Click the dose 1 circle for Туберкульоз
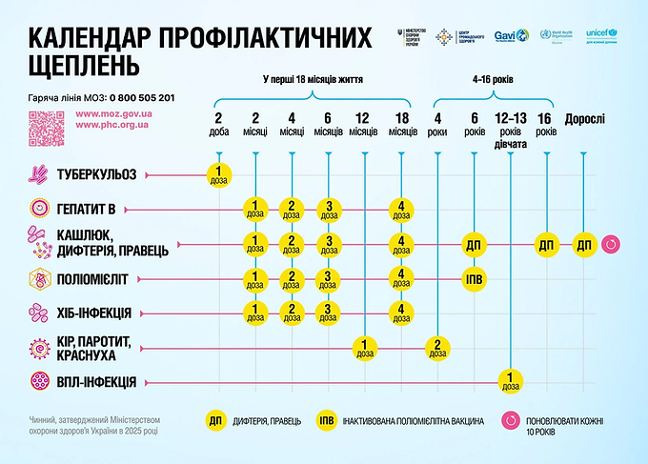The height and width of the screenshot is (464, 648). [x=219, y=174]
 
